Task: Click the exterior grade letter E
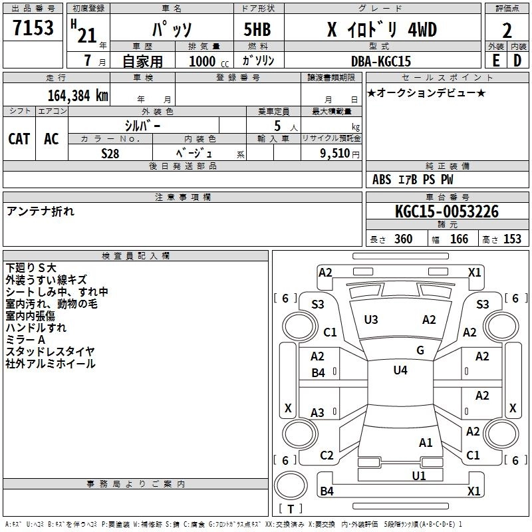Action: click(495, 60)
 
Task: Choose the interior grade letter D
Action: click(517, 60)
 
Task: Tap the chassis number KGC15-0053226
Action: click(446, 211)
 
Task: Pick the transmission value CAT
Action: click(19, 139)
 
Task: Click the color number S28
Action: click(110, 152)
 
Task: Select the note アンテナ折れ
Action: click(41, 211)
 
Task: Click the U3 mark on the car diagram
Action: click(371, 320)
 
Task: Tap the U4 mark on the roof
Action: click(400, 370)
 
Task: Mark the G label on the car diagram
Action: click(420, 350)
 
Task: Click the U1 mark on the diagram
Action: click(419, 475)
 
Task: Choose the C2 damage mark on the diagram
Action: click(327, 456)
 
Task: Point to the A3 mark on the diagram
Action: click(318, 413)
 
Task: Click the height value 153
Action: click(512, 239)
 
